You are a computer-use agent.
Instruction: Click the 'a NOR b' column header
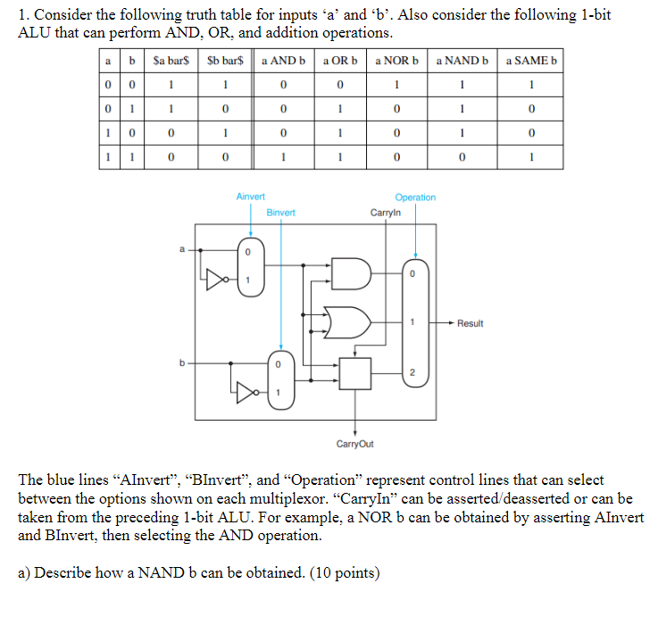pos(397,61)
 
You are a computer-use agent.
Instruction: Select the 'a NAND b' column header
pos(462,61)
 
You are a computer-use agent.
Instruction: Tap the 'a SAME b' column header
pos(531,61)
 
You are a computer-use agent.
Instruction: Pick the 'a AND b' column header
pos(283,61)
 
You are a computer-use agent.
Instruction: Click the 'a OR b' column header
pos(339,61)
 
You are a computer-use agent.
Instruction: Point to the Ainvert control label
pos(250,196)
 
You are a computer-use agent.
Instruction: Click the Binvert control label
pos(280,213)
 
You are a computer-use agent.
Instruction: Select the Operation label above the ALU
pos(415,197)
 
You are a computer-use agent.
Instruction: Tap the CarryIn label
pos(386,213)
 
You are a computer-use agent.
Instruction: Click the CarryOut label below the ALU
pos(355,444)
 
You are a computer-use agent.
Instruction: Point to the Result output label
pos(470,323)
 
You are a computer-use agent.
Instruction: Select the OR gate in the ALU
pos(346,321)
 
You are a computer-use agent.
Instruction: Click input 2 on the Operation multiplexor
pos(412,371)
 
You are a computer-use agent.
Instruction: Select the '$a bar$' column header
pos(168,61)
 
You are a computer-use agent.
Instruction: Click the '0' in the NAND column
pos(462,158)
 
